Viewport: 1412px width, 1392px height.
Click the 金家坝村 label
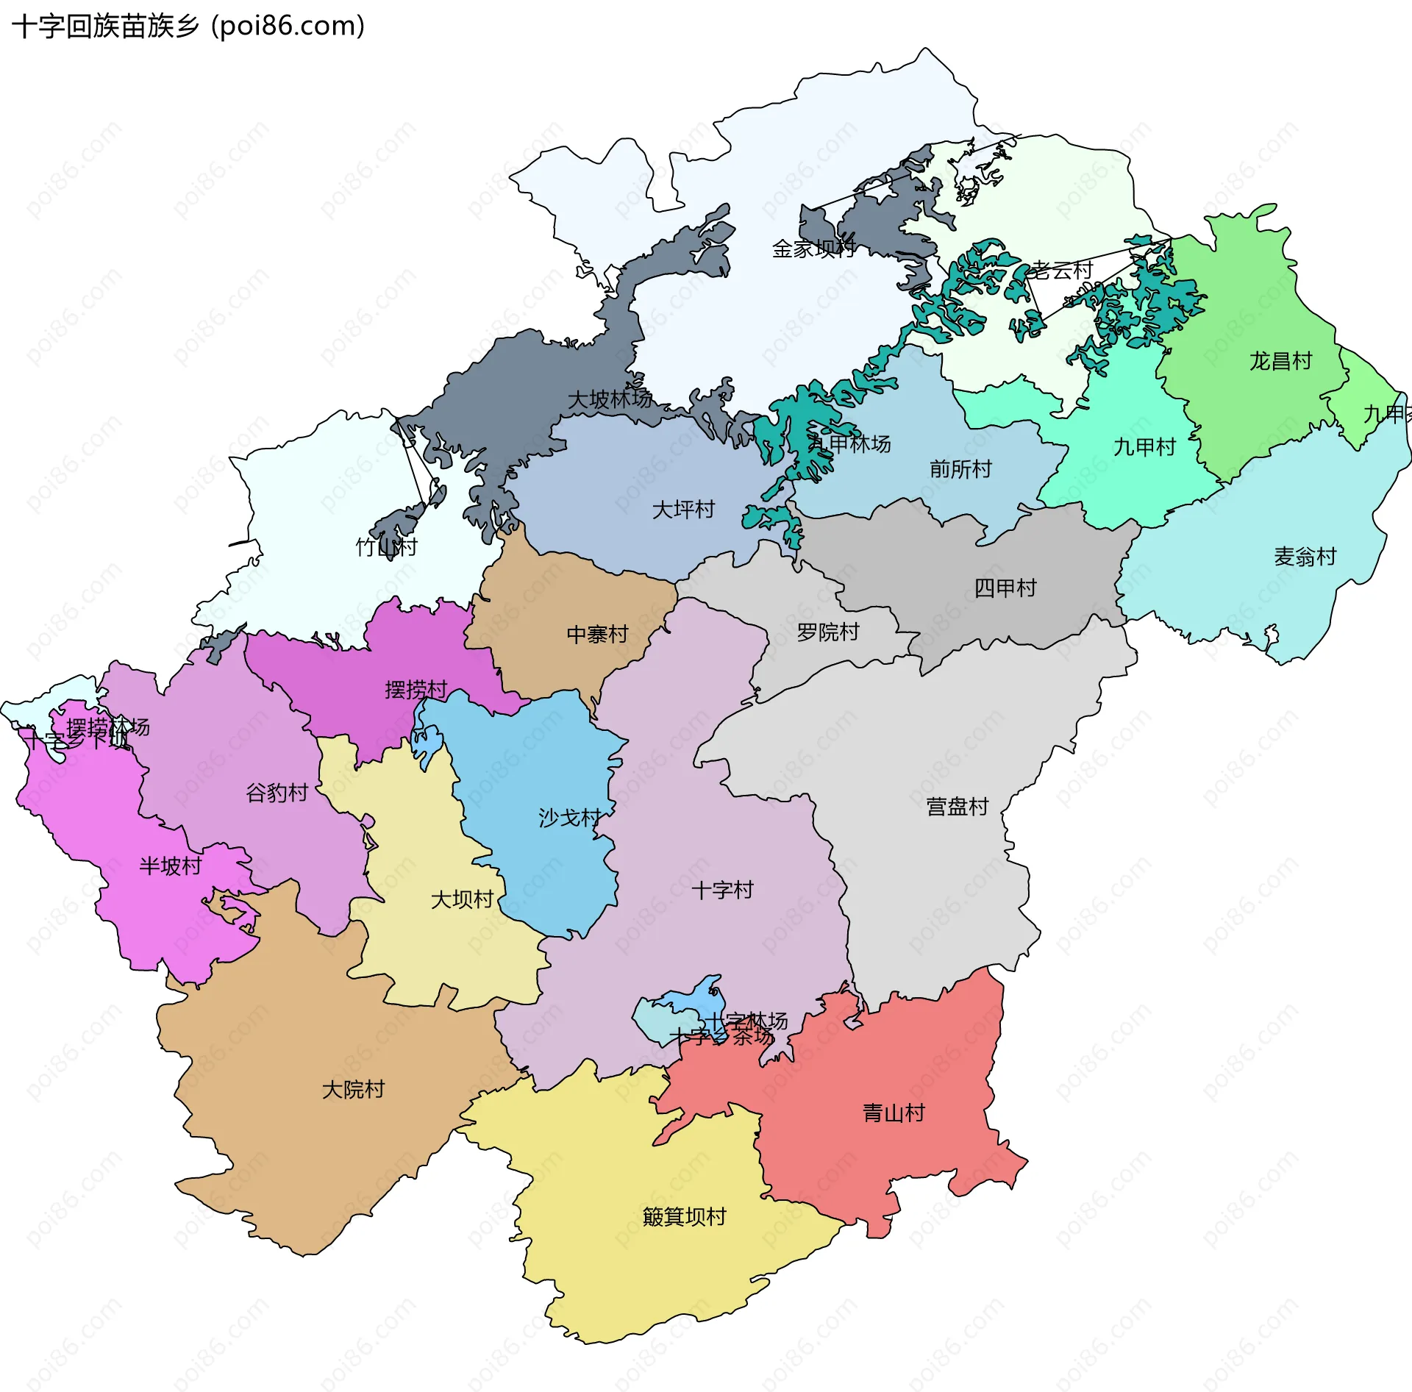pos(813,249)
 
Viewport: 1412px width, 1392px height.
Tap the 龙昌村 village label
pos(1280,361)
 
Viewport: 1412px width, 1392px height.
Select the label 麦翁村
pos(1305,557)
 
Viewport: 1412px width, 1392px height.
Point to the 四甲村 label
pos(1005,588)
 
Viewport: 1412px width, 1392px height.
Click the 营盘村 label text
pos(957,807)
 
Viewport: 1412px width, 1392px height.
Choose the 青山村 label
pos(894,1113)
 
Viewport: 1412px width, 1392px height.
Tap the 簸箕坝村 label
pos(684,1217)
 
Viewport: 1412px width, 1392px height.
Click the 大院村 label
pos(353,1090)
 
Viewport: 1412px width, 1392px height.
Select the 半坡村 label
pos(171,866)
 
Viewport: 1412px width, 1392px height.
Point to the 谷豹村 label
pos(277,793)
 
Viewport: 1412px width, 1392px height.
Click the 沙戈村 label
pos(569,818)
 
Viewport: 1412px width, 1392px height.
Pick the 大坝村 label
pos(462,899)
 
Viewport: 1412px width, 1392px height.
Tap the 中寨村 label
pos(597,635)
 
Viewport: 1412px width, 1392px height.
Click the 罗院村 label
pos(828,632)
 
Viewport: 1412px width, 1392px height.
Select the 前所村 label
pos(960,469)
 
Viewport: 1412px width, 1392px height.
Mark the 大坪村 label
pos(683,510)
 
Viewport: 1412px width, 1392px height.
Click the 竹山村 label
pos(386,547)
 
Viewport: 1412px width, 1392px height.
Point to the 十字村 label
pos(722,890)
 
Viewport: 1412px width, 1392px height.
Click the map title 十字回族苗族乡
pos(105,26)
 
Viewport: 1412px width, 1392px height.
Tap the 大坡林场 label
pos(610,399)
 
